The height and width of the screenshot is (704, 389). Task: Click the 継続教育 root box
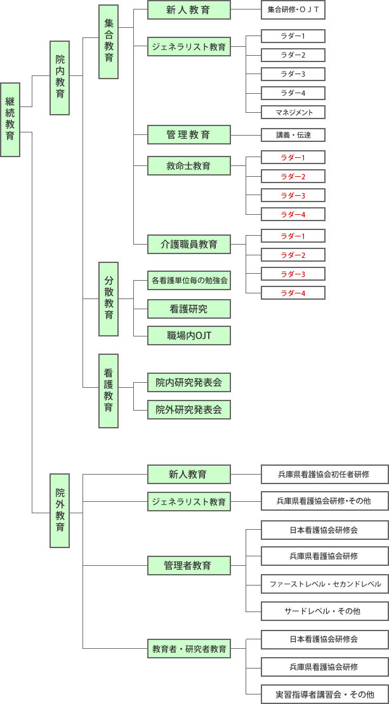[10, 119]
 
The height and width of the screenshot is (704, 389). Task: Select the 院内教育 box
[60, 78]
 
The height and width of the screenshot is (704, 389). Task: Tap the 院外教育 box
[60, 510]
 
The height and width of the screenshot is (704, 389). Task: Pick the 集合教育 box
[109, 41]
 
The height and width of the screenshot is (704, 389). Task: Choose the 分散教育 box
[109, 298]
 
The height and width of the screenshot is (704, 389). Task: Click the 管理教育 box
[188, 135]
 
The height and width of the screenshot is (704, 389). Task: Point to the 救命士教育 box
[188, 167]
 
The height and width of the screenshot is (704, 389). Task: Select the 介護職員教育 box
[188, 243]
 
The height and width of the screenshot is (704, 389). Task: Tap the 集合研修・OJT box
[293, 10]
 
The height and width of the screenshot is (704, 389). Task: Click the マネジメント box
[293, 112]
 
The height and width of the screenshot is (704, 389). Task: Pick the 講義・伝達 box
[293, 135]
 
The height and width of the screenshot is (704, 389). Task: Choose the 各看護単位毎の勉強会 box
[188, 279]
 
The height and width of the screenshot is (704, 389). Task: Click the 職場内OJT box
[188, 335]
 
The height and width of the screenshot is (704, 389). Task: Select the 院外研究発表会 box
[188, 409]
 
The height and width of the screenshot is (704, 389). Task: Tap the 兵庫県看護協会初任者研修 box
[324, 474]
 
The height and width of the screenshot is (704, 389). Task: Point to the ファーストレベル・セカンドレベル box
[325, 584]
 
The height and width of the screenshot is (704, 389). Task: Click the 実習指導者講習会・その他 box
[325, 694]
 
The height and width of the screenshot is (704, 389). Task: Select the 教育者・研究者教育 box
[188, 648]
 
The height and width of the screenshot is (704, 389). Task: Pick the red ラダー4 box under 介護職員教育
[293, 293]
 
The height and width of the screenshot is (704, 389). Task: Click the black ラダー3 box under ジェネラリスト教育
[293, 74]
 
